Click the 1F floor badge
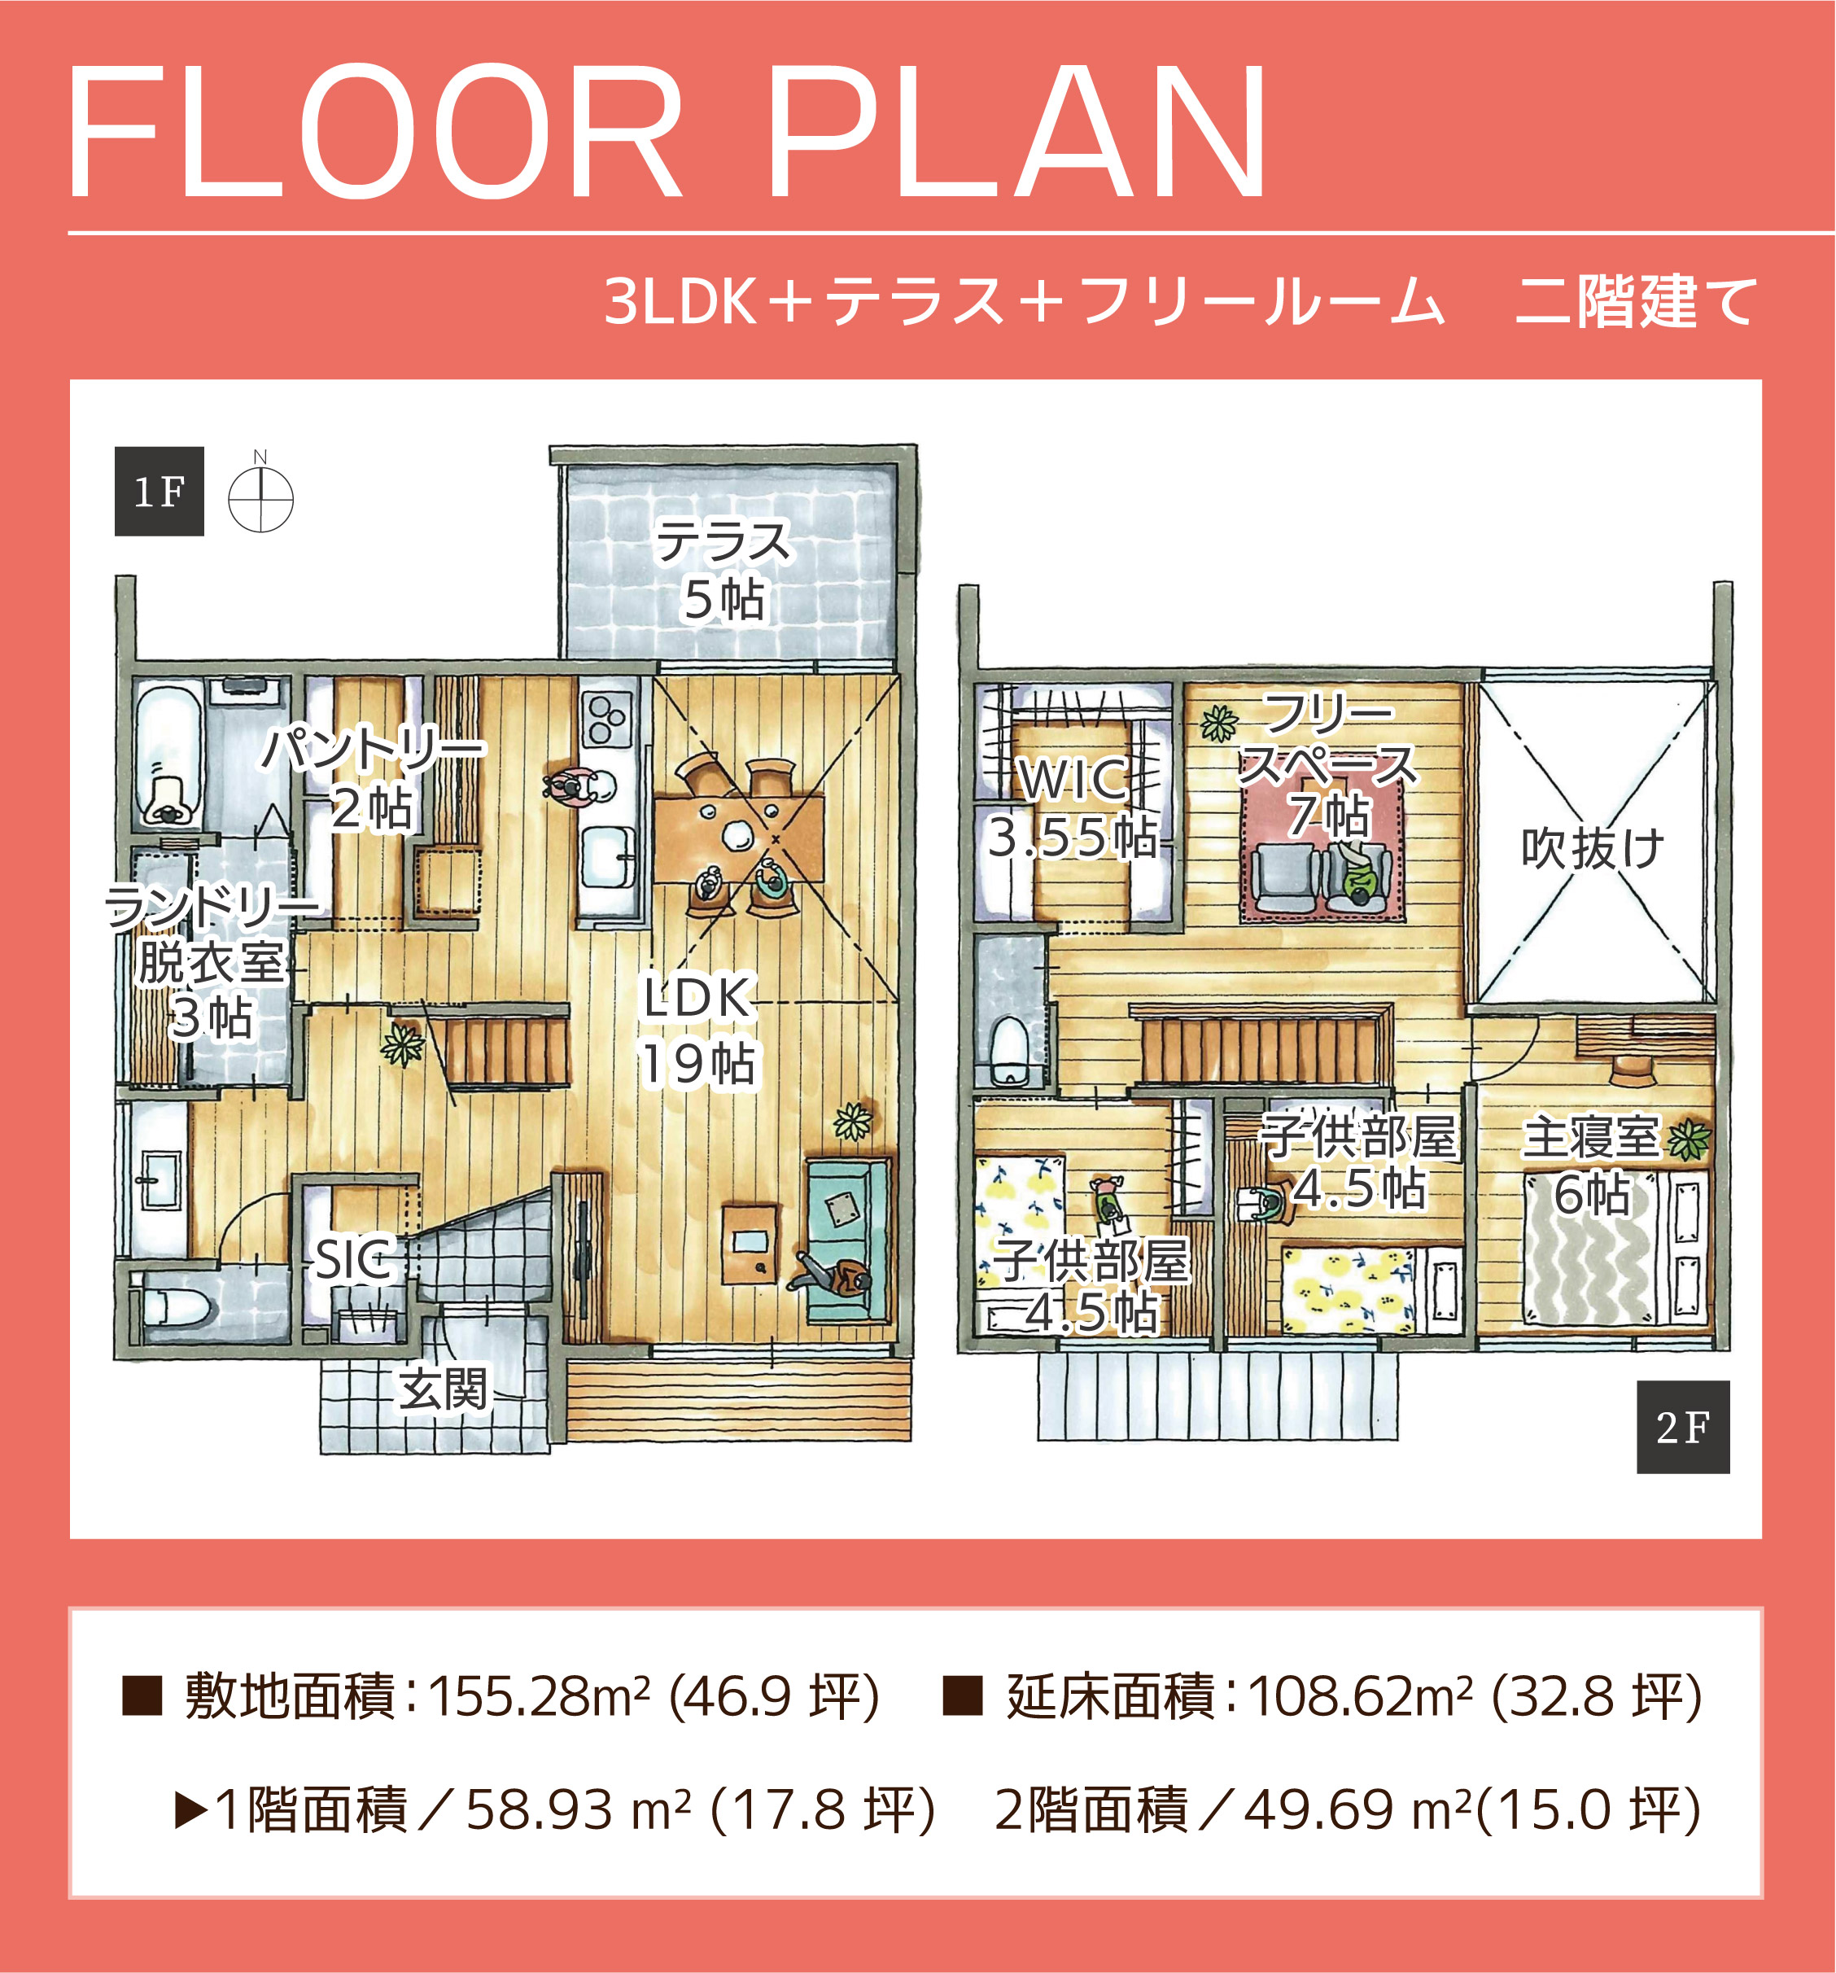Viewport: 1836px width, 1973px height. [x=159, y=492]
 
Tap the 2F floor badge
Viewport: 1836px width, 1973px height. [x=1683, y=1427]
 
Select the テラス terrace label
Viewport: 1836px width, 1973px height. [x=724, y=542]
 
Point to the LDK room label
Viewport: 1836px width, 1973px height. [x=697, y=997]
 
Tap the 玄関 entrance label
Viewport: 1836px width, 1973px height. [x=444, y=1389]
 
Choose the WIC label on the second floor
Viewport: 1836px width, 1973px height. [x=1073, y=779]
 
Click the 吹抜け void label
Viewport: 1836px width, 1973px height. [x=1592, y=849]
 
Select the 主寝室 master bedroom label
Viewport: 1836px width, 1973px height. [x=1591, y=1137]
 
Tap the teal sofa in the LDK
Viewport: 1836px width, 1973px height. [x=849, y=1240]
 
